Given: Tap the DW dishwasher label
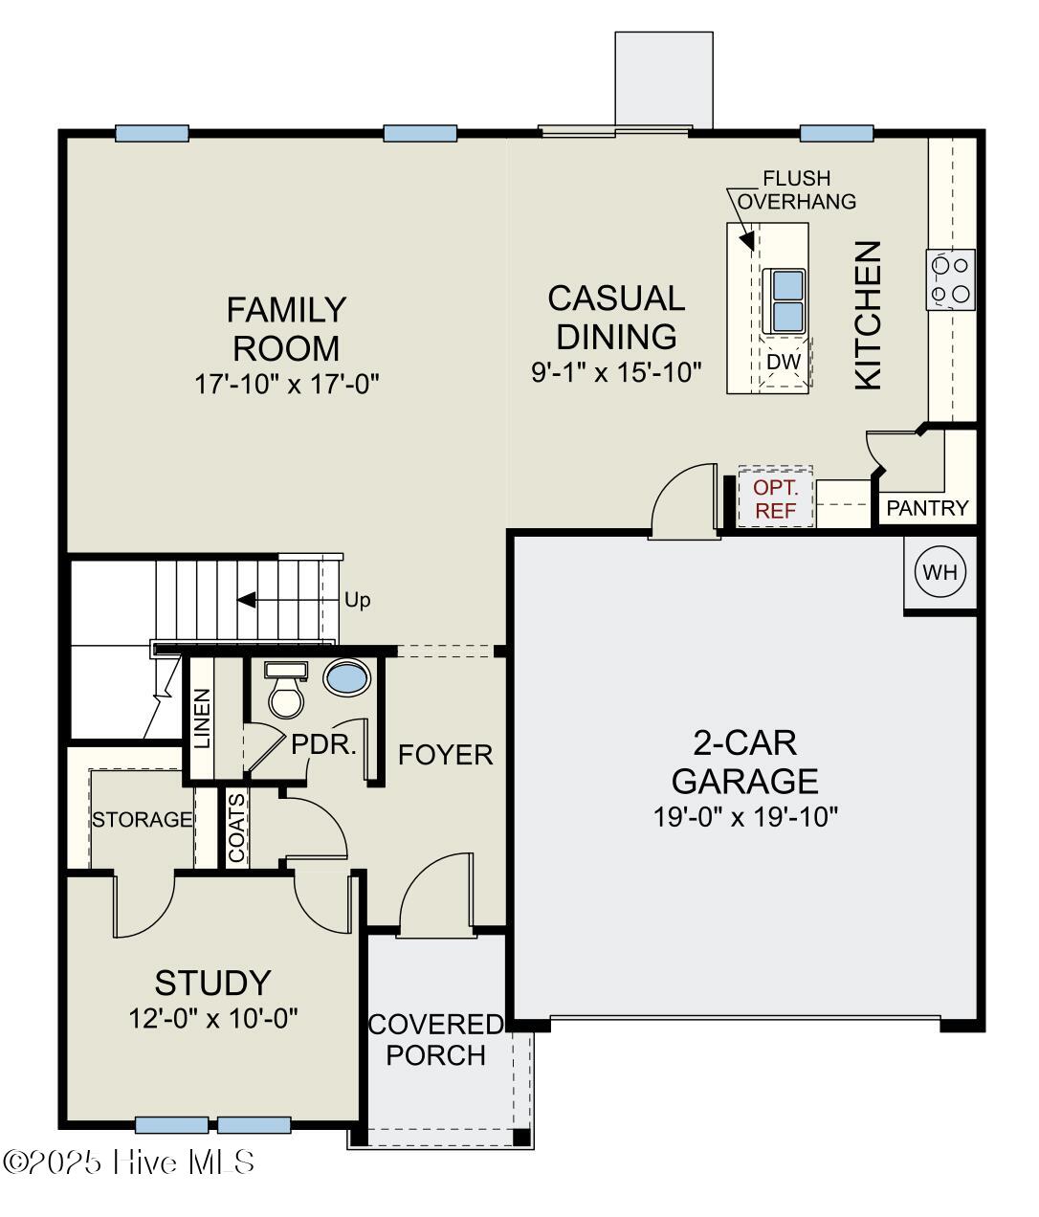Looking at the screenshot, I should click(783, 362).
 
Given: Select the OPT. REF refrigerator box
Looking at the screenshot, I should click(775, 498).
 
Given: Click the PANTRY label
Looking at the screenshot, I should click(927, 508).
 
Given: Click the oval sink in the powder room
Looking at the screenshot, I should click(346, 677).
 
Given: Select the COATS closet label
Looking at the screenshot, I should click(236, 827).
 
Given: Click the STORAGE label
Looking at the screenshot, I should click(142, 820).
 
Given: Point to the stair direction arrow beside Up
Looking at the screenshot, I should click(247, 600).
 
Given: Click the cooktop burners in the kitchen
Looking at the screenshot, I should click(951, 278).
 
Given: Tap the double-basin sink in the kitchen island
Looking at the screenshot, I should click(787, 300).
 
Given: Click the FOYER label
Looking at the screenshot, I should click(445, 755).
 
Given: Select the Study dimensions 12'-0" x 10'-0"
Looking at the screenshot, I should click(213, 1018).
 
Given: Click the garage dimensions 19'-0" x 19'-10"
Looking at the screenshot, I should click(745, 817).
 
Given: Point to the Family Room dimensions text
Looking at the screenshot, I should click(287, 384).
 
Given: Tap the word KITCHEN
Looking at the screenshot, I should click(867, 315).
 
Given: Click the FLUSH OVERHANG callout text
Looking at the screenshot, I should click(796, 189).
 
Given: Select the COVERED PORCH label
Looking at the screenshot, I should click(435, 1039).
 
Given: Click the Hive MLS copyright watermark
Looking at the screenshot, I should click(129, 1162).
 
